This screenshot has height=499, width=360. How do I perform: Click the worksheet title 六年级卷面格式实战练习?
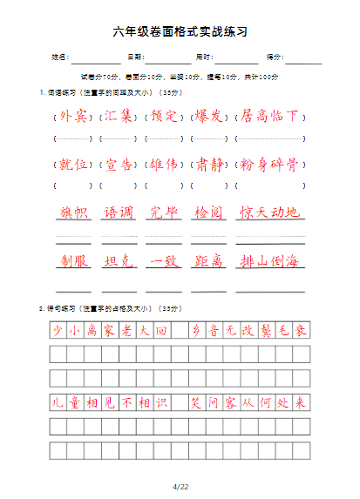(x=180, y=31)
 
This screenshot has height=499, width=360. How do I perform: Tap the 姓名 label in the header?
(x=59, y=57)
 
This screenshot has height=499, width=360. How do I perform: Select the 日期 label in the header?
(x=135, y=57)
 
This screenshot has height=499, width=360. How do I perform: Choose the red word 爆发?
(x=210, y=117)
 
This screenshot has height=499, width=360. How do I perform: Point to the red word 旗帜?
(x=73, y=212)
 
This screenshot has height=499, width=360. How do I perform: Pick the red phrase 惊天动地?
(x=270, y=212)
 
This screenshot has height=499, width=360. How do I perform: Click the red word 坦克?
(x=119, y=260)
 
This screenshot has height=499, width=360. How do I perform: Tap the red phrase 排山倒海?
(x=270, y=260)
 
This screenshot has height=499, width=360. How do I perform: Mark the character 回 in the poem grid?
(x=161, y=331)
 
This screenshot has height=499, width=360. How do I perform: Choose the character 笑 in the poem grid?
(x=196, y=403)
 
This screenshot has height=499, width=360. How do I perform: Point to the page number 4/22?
(x=180, y=486)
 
